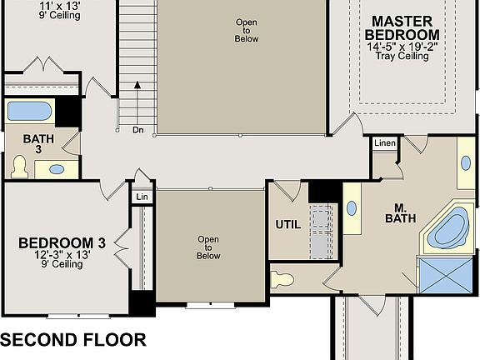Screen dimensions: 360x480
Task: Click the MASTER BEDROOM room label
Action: pyautogui.click(x=402, y=27)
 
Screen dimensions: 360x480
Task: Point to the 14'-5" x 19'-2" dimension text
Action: pyautogui.click(x=402, y=47)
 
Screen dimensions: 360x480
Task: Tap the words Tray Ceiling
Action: pyautogui.click(x=402, y=57)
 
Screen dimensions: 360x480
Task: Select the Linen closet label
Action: pyautogui.click(x=383, y=144)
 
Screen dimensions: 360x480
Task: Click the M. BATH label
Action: pyautogui.click(x=395, y=212)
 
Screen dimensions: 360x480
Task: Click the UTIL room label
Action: pyautogui.click(x=288, y=224)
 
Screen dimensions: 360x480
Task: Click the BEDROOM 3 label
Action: pyautogui.click(x=62, y=242)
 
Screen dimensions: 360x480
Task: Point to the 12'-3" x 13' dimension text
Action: pyautogui.click(x=62, y=254)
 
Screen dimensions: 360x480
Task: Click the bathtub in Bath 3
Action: pyautogui.click(x=30, y=111)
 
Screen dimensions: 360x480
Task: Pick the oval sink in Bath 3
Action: pyautogui.click(x=56, y=169)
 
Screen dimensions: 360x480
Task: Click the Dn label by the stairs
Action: pyautogui.click(x=137, y=130)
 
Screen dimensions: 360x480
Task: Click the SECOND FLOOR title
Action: pyautogui.click(x=73, y=340)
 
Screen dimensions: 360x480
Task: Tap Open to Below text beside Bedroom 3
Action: pyautogui.click(x=208, y=247)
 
